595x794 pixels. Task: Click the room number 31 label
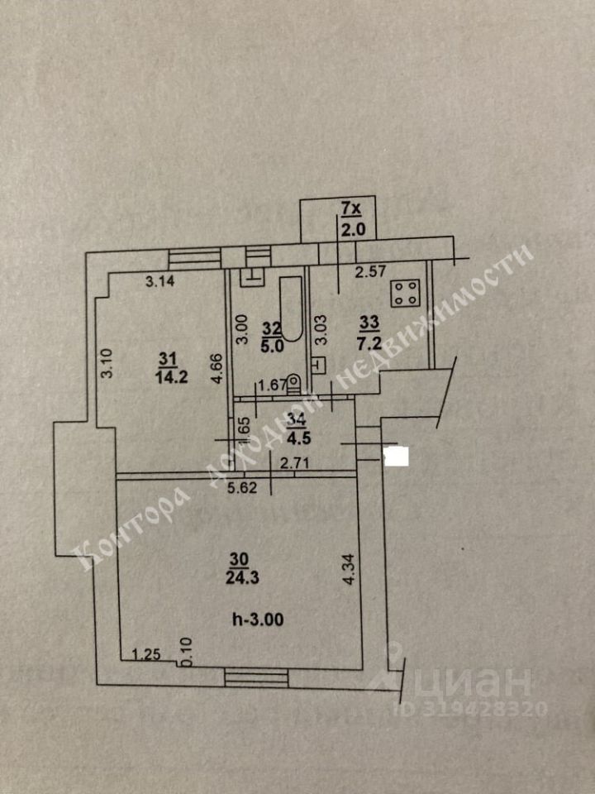pos(168,358)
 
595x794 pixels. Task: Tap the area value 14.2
pos(168,373)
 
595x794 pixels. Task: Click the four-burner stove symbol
pos(406,292)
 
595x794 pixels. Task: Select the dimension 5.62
pos(243,488)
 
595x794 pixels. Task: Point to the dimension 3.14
pos(160,281)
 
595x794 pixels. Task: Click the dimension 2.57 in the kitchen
pos(370,270)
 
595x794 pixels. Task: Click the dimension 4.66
pos(217,369)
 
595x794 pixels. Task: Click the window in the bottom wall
pos(256,677)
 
